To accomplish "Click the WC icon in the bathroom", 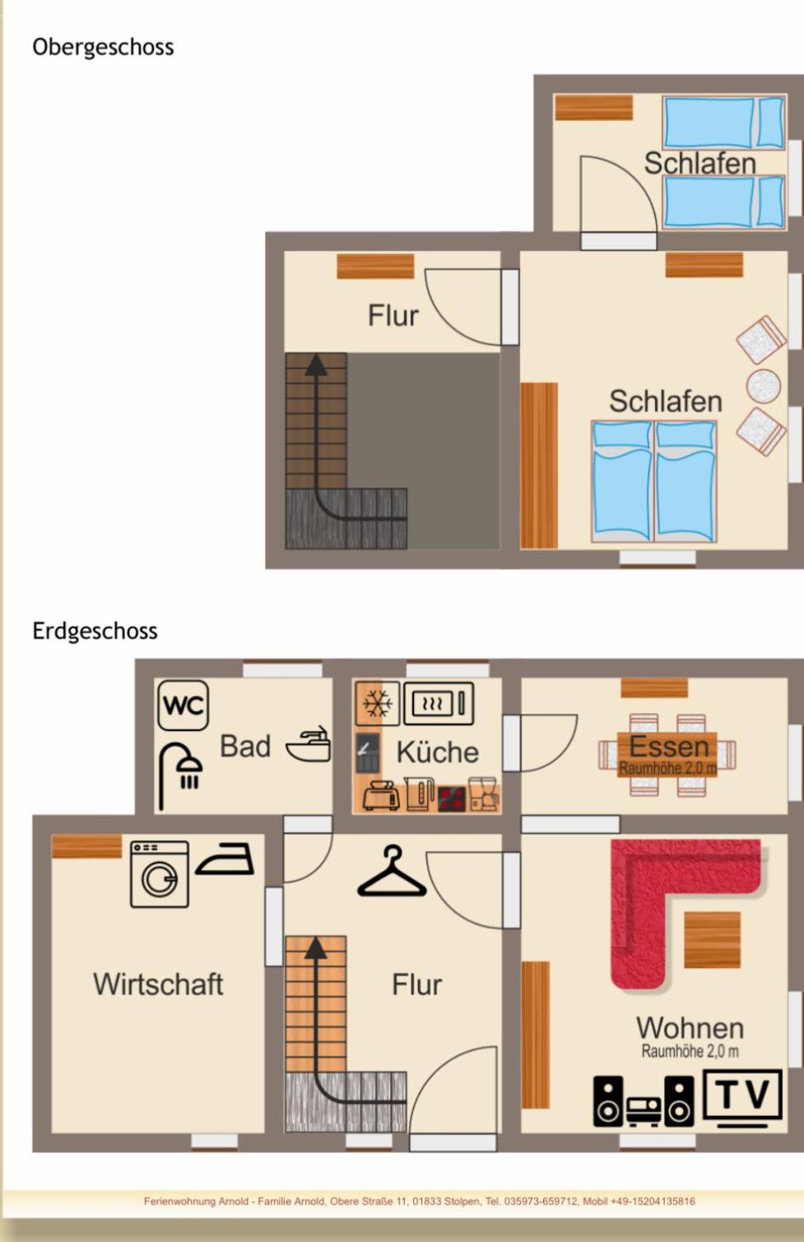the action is (183, 705).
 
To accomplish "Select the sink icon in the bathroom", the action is (309, 744).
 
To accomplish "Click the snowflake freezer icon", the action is (377, 704).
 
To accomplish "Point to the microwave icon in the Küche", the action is (439, 704).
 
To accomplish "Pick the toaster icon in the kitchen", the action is (382, 796).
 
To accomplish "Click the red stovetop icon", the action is (451, 798).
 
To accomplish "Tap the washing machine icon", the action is (160, 874).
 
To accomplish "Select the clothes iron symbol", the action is (225, 859).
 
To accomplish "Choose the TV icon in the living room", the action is (742, 1099).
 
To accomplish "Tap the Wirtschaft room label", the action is (158, 984).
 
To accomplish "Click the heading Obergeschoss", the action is (103, 47).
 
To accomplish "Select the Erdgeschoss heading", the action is (95, 631).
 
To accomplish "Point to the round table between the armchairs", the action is (763, 386).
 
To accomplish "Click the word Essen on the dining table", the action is (669, 747).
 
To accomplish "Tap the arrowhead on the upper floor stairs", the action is (316, 364).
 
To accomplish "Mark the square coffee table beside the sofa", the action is (712, 940).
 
